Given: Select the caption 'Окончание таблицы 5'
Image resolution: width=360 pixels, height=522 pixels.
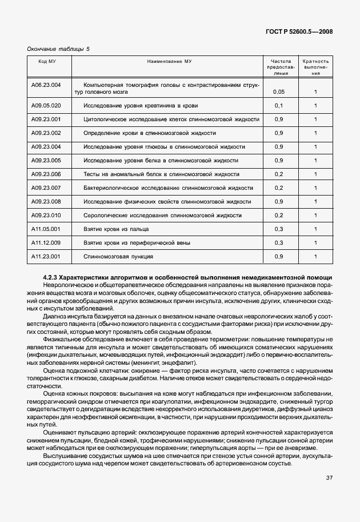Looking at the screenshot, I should tap(58, 49).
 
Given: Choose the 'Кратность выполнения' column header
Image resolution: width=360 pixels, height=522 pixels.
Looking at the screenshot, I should tap(315, 67).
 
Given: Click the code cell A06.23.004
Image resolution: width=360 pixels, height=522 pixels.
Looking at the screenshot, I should tap(46, 85).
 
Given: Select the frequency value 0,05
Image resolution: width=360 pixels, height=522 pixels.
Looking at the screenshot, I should tap(279, 91).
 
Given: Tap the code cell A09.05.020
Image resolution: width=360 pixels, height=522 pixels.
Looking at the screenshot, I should tap(46, 106).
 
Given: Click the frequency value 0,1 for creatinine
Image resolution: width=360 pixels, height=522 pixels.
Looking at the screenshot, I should tap(279, 106).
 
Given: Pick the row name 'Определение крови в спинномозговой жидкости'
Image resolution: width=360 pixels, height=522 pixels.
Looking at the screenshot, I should tap(150, 133).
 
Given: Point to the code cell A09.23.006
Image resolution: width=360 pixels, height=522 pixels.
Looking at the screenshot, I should tap(46, 174).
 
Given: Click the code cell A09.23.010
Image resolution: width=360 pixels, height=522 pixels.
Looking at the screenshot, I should tap(46, 216).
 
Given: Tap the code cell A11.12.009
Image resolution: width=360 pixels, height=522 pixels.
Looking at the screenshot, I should tap(46, 243).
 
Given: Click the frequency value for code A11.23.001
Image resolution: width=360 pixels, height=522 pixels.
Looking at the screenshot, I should tap(279, 257).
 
